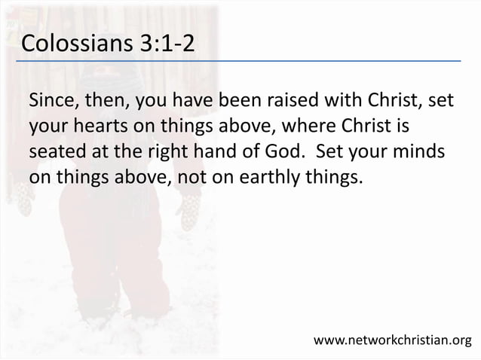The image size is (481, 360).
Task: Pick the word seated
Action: (x=55, y=151)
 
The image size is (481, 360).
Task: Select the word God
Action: (x=284, y=151)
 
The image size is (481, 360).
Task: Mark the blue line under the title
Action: (x=241, y=60)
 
